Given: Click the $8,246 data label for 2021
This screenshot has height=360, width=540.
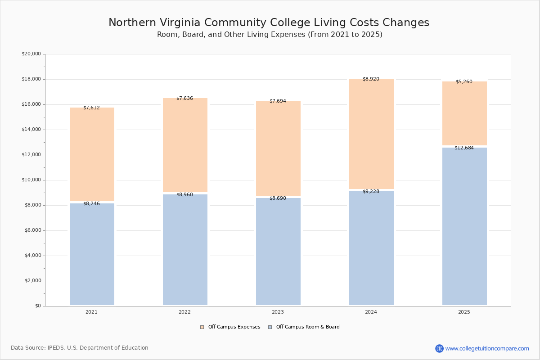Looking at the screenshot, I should (91, 204).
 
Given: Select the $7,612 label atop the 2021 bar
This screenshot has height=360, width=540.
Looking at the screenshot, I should (91, 108).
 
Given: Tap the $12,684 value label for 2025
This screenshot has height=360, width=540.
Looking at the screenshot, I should (464, 148).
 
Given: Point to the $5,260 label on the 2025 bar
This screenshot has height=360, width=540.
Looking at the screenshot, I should (464, 82).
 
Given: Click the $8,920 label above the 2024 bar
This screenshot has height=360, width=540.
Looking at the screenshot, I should (371, 79).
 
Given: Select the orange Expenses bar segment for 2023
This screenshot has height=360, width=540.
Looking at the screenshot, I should (278, 148).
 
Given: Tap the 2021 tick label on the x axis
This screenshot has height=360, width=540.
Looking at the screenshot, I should (91, 312).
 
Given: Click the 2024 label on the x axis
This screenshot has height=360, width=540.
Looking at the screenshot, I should (371, 312).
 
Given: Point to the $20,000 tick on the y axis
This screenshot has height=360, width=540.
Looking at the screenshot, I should (31, 54).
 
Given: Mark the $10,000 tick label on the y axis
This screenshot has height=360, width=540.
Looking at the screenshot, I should (31, 180).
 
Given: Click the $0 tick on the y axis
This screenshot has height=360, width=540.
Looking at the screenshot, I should (37, 306).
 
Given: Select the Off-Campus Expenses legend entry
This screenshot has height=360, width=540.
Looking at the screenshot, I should (230, 327).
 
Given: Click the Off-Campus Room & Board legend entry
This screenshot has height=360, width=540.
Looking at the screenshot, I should (304, 327).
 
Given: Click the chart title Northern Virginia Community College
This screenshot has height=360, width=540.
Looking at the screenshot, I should (269, 23).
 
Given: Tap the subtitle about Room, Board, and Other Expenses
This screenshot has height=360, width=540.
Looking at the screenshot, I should (270, 35).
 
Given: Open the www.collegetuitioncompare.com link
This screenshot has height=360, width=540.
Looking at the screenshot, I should (487, 348).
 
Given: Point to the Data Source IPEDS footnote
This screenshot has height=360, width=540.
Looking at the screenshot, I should (80, 348).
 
